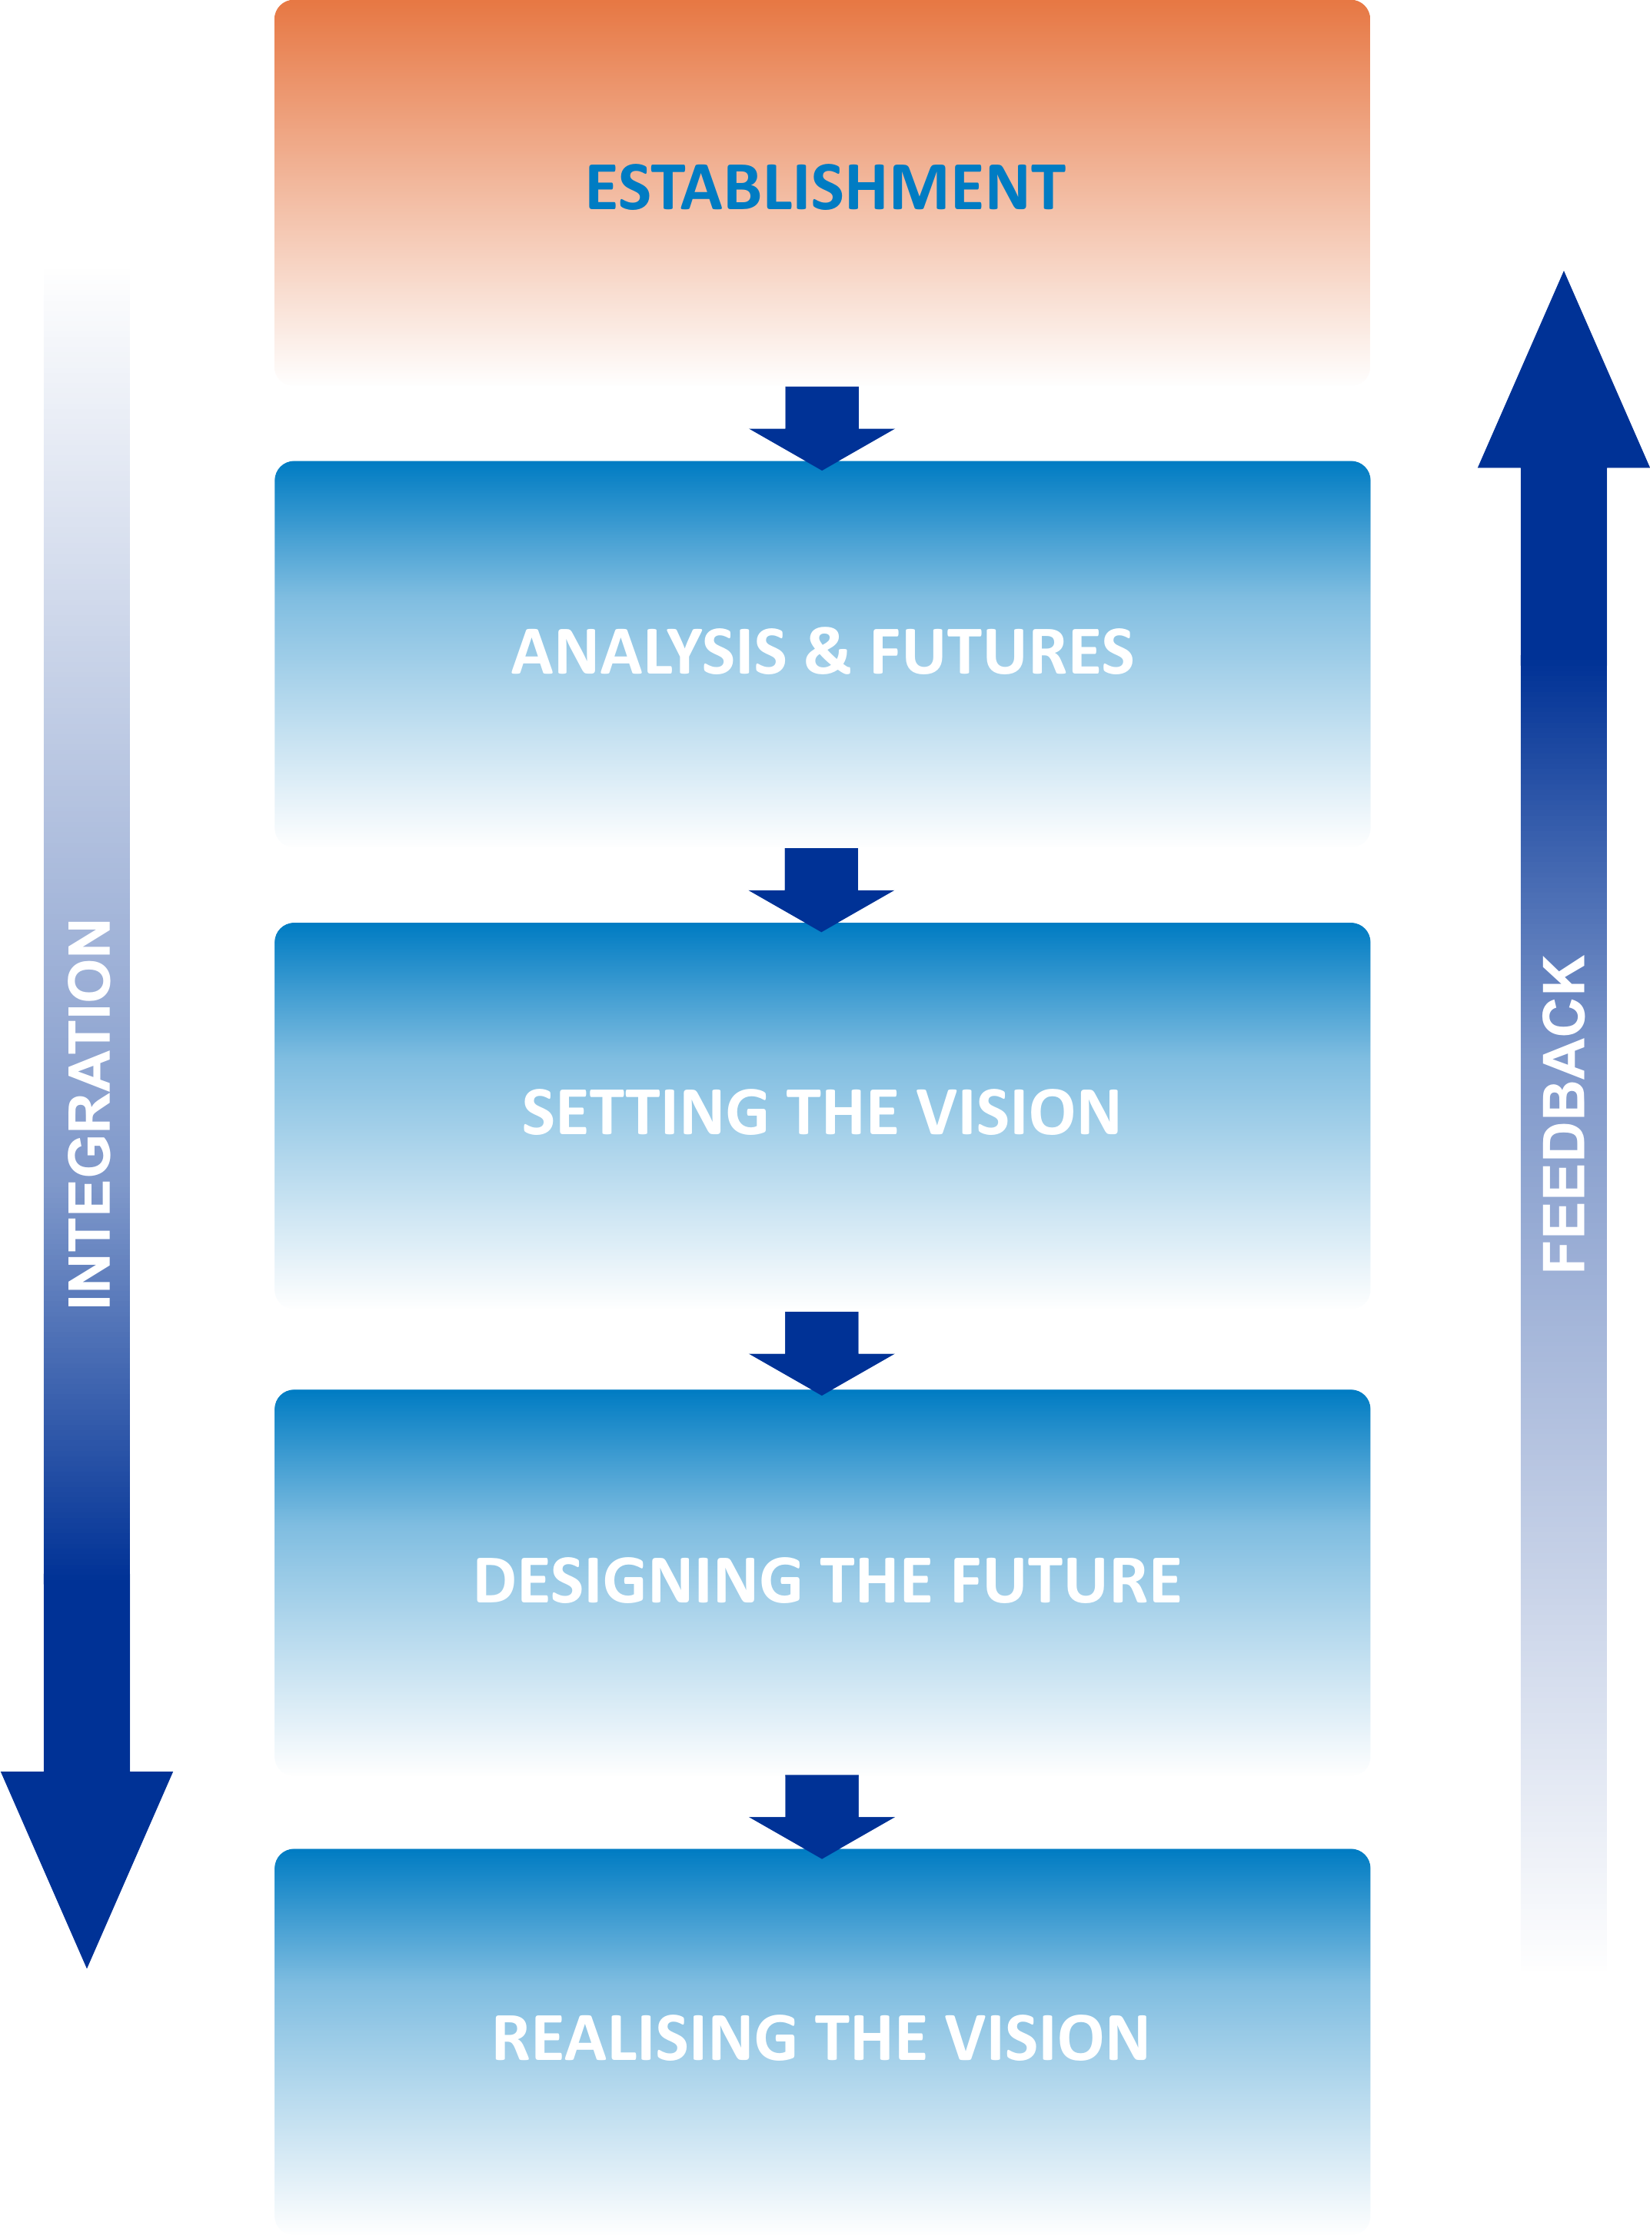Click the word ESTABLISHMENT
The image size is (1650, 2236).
(825, 187)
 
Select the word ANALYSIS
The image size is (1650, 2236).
(648, 651)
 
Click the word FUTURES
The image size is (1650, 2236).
(1002, 651)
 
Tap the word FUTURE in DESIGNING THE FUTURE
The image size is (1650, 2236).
(1066, 1580)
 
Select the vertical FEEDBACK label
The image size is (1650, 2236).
(1563, 1113)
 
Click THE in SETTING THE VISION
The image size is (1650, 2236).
(842, 1113)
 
